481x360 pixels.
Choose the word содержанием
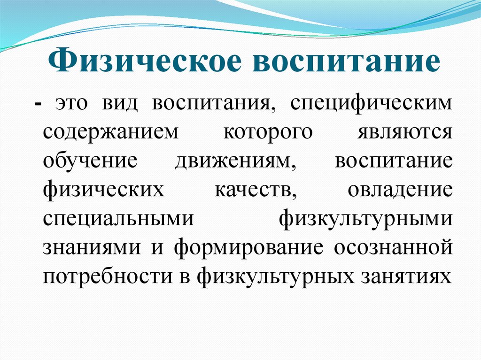click(x=111, y=132)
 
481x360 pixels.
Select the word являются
click(x=405, y=132)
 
